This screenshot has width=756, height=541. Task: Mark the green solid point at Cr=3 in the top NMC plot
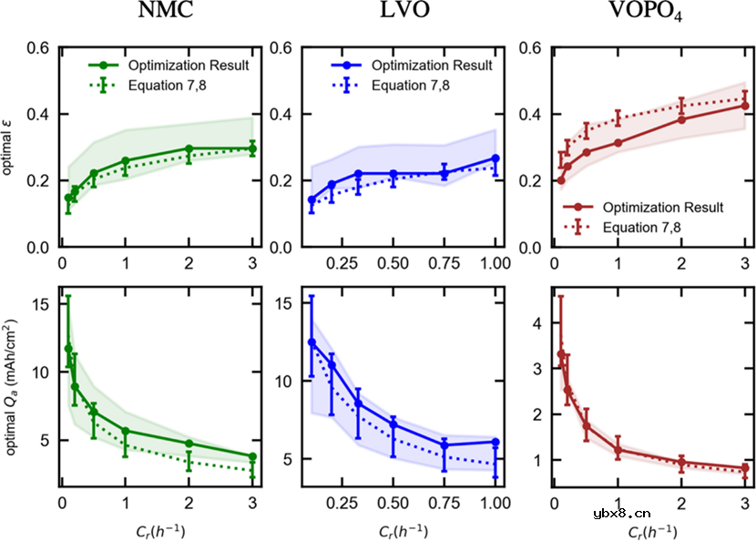(x=252, y=149)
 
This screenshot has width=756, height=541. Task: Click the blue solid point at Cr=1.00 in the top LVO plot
(x=495, y=158)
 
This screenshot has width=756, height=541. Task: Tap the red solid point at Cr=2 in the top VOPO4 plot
(x=681, y=119)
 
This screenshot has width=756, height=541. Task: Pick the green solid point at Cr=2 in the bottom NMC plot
(x=189, y=444)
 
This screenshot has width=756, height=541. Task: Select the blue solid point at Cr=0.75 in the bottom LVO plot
(x=445, y=445)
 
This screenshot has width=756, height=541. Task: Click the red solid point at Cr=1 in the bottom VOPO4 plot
(x=618, y=450)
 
